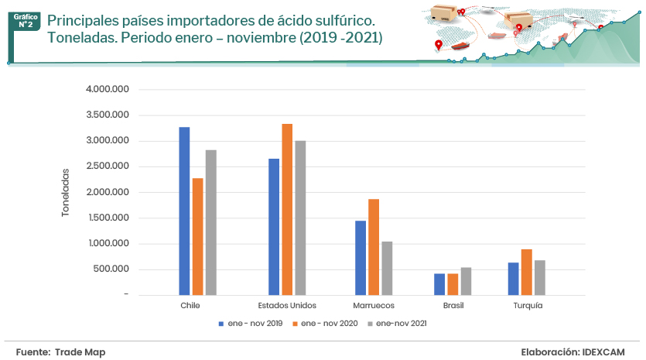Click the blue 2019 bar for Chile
click(184, 211)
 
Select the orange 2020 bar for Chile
click(197, 236)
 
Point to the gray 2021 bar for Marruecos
click(387, 268)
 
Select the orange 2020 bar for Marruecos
click(374, 247)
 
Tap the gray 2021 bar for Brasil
click(466, 281)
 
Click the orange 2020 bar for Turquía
click(526, 272)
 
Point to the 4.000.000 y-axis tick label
click(108, 90)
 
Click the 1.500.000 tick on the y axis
click(108, 218)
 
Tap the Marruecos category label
click(374, 306)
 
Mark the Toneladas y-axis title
click(66, 193)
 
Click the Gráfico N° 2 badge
click(26, 19)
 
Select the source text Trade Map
click(80, 352)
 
